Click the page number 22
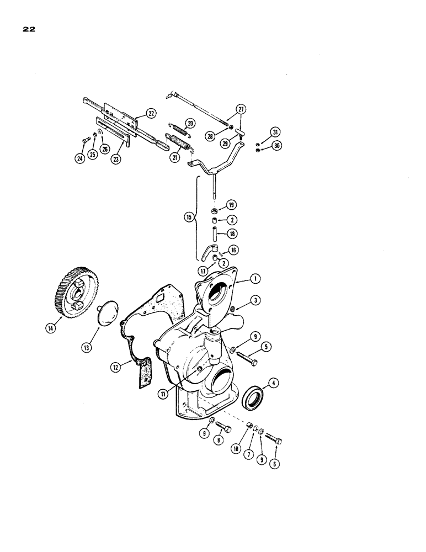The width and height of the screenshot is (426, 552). [29, 30]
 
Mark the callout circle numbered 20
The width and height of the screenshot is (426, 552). [190, 123]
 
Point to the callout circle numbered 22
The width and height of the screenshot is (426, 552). [151, 114]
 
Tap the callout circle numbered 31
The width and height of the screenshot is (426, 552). [275, 131]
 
